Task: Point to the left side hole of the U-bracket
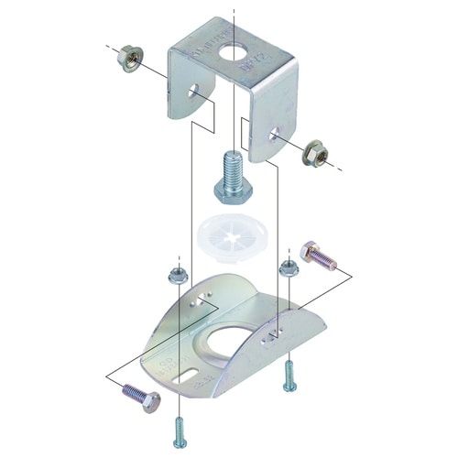pos(194,93)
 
